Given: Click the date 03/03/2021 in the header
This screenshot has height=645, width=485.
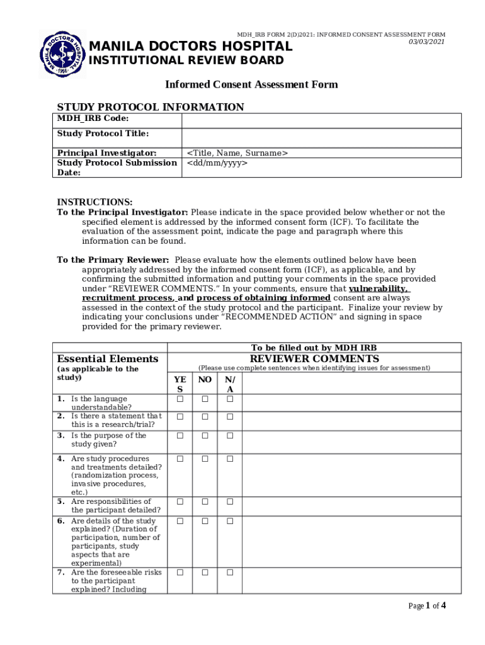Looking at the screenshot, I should click(426, 42).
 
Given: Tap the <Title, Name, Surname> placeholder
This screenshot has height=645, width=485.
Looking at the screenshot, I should click(237, 153).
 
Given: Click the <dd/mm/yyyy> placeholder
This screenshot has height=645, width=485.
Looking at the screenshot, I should click(217, 163).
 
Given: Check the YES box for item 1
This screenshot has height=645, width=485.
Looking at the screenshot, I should click(180, 399).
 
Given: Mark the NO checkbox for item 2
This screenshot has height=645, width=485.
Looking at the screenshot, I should click(205, 417).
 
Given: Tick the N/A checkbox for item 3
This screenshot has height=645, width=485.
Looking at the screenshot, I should click(230, 436).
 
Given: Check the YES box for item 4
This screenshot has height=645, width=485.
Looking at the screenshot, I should click(180, 459).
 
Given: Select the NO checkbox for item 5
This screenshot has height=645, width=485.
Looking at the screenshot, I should click(205, 502).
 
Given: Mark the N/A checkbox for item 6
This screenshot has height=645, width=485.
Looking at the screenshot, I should click(230, 522).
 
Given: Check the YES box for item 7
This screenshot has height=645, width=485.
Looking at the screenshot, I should click(180, 573).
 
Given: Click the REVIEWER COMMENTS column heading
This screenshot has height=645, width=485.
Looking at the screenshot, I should click(314, 359).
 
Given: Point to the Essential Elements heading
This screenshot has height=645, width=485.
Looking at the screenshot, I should click(108, 359).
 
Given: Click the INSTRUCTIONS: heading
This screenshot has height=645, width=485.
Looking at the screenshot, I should click(94, 202).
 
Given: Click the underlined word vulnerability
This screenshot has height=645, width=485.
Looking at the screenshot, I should click(376, 288).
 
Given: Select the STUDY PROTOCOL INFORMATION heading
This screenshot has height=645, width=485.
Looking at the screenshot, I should click(151, 107).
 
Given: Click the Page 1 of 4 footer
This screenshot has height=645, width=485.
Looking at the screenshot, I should click(427, 606).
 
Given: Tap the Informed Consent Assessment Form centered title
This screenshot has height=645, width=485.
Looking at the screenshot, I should click(251, 84).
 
